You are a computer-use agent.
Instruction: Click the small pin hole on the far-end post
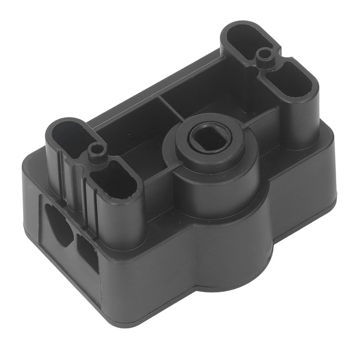pyautogui.click(x=265, y=55)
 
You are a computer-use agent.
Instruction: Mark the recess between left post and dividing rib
pyautogui.click(x=130, y=135)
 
